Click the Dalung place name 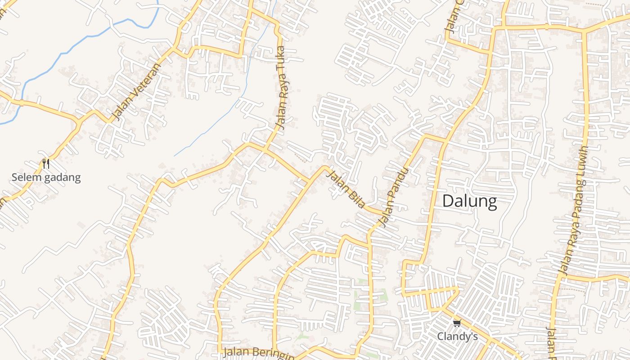click(x=469, y=201)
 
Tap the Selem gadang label click(x=46, y=177)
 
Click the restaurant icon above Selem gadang click(x=45, y=164)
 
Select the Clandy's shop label click(x=457, y=336)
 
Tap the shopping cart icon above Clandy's click(x=457, y=323)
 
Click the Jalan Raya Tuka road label click(x=282, y=88)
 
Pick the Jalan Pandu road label click(x=394, y=197)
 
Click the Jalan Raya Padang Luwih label click(x=574, y=210)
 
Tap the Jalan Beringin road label click(x=258, y=352)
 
